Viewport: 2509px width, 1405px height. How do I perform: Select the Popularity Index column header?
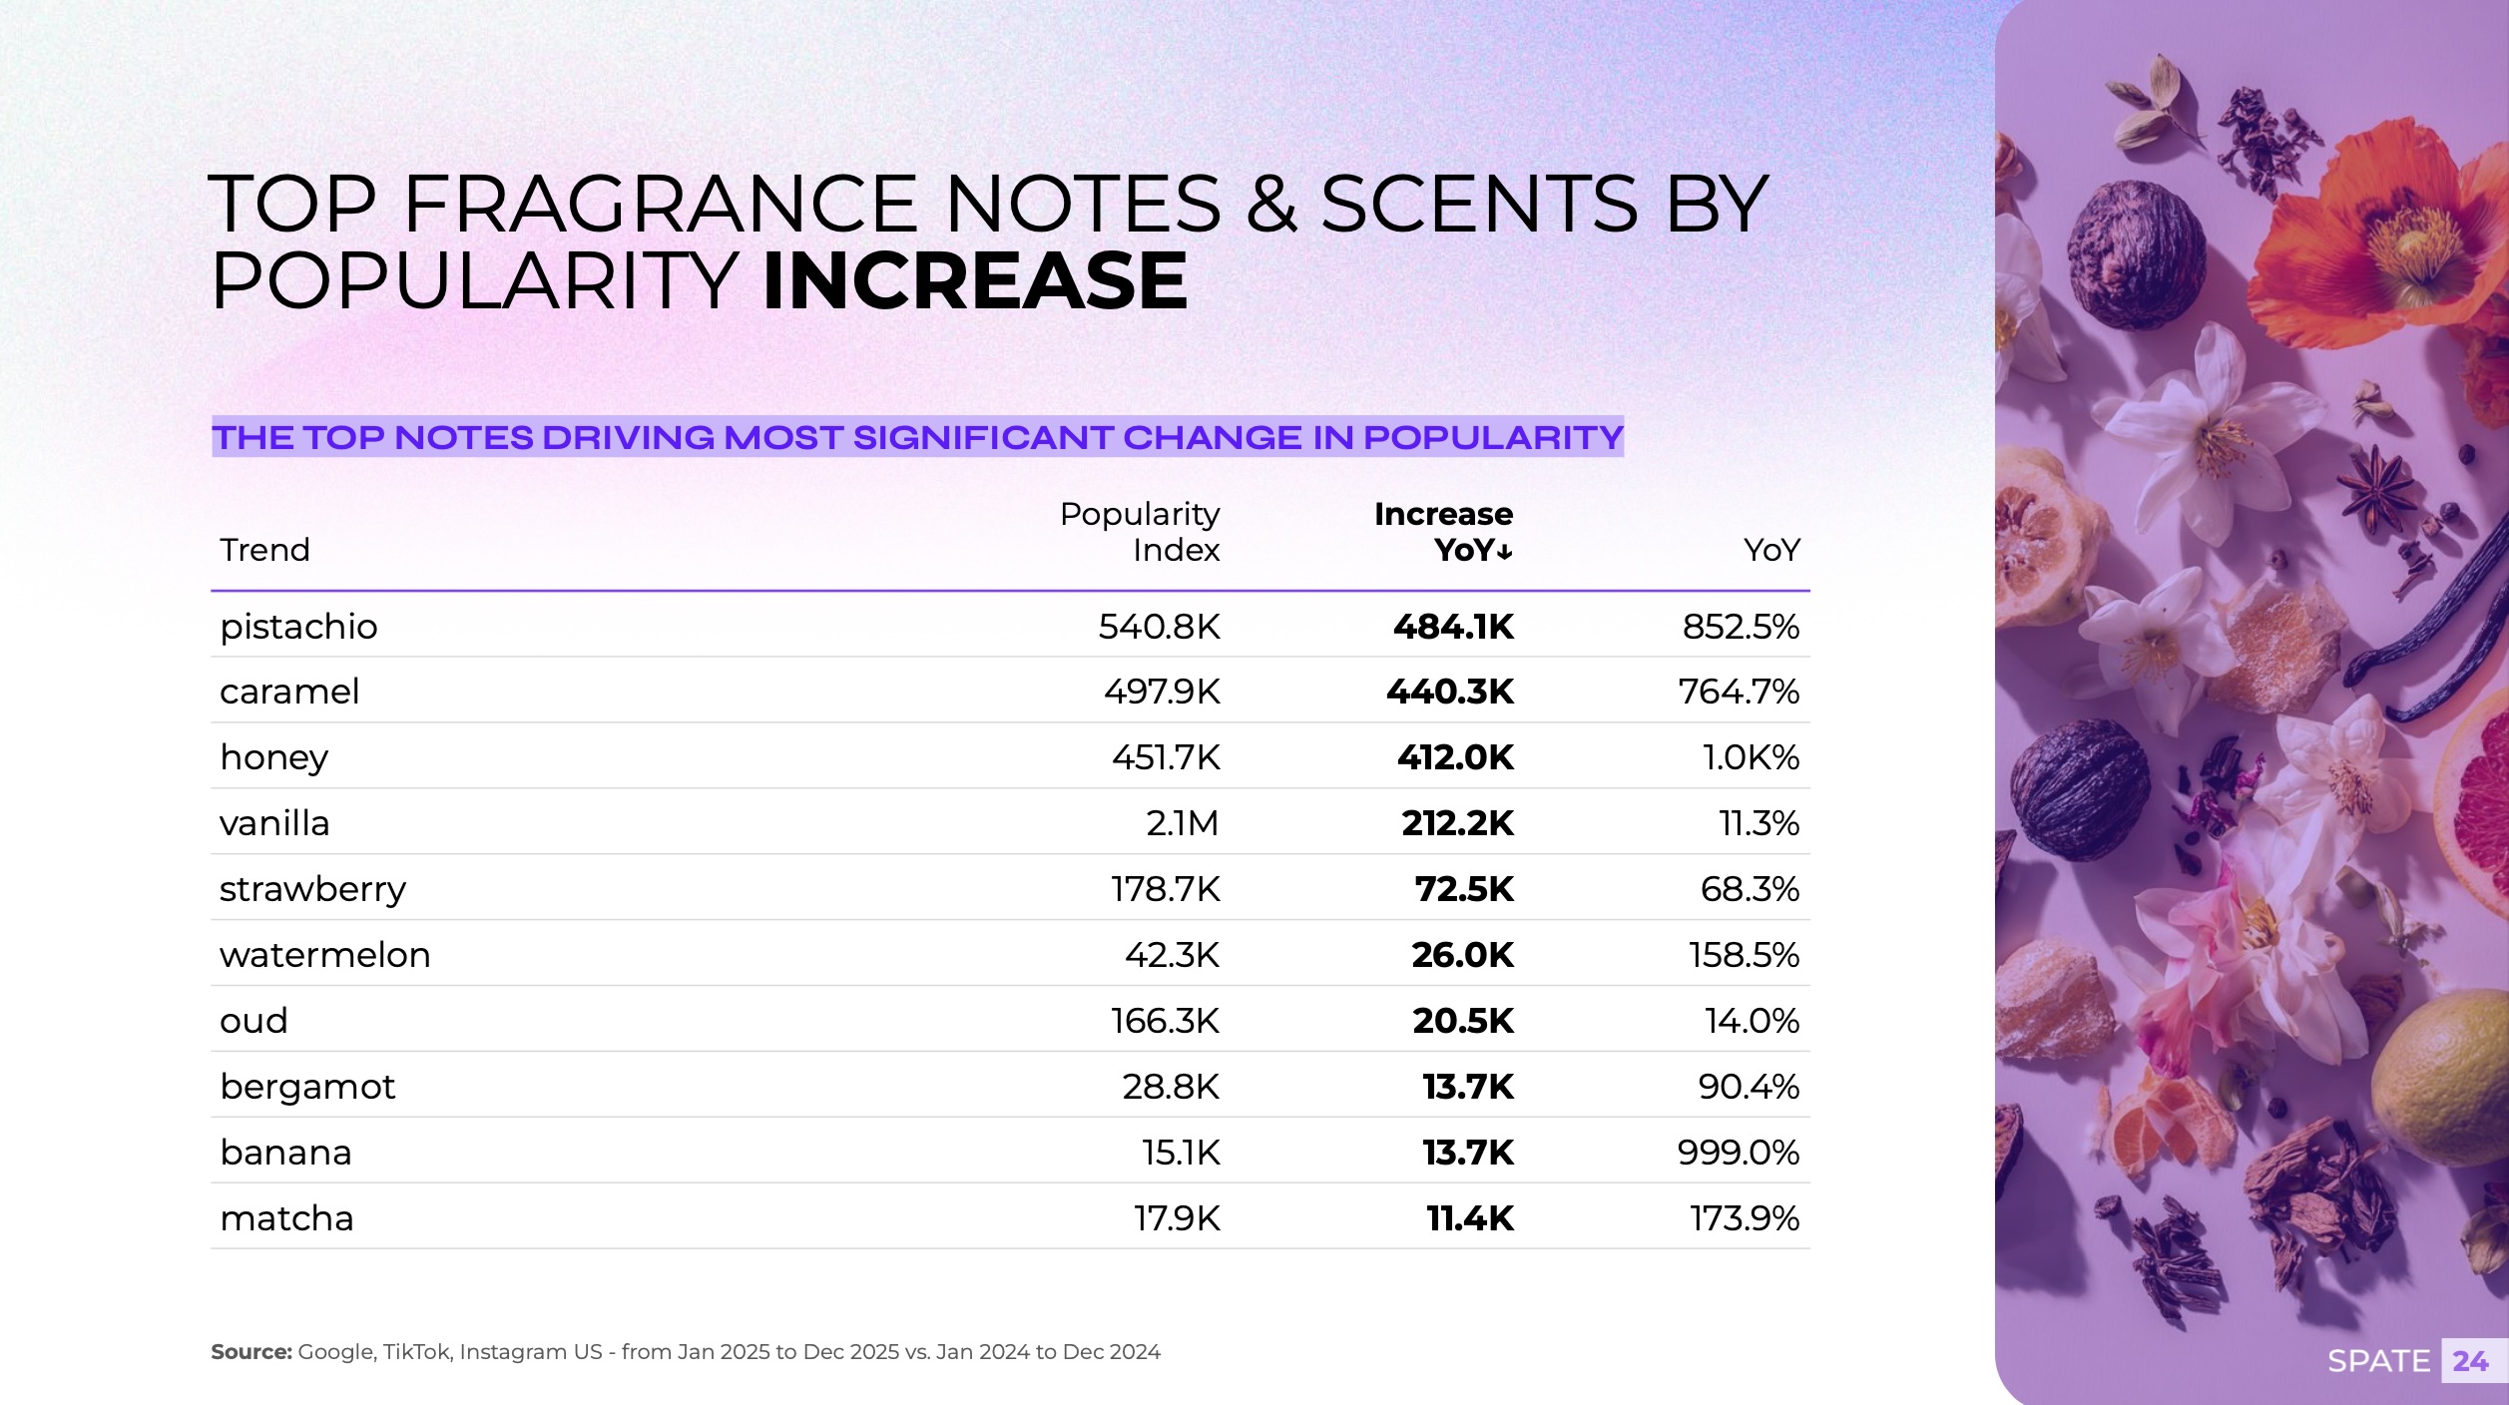(1139, 532)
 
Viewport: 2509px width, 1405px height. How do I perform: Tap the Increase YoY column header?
(1443, 532)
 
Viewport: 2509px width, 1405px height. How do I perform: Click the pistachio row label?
(298, 627)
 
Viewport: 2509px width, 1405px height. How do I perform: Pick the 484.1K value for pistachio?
(1453, 627)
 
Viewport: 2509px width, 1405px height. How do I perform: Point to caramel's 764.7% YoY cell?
(1739, 692)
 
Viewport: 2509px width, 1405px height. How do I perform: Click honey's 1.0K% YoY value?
(1751, 757)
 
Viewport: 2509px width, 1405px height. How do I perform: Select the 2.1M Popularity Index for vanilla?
(1182, 823)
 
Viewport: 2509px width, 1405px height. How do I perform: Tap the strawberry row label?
(312, 889)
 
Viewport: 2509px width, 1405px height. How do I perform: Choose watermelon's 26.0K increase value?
(1462, 955)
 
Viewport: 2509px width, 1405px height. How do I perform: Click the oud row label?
(253, 1021)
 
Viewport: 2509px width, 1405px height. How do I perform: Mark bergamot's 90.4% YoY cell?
(1749, 1087)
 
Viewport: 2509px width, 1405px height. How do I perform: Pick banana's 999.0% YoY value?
(1738, 1153)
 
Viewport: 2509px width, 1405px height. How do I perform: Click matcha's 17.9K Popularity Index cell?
(1177, 1218)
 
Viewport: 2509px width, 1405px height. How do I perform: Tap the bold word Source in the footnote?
(251, 1352)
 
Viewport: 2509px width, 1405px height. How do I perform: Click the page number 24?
(2470, 1361)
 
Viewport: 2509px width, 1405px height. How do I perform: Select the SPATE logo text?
(2378, 1361)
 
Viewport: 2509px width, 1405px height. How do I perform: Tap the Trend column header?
(264, 550)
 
